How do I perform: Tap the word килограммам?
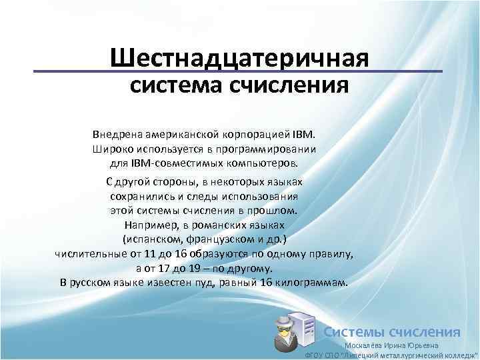point(311,283)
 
